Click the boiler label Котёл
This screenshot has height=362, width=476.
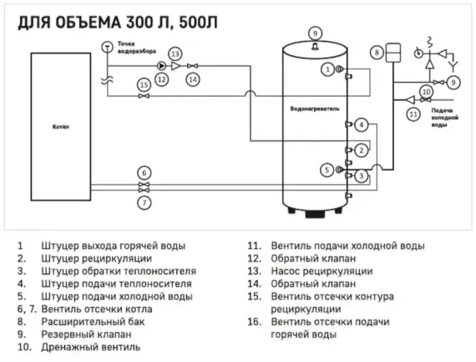[61, 127]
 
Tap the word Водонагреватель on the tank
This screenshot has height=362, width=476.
[314, 108]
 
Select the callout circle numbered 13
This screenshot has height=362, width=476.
[175, 54]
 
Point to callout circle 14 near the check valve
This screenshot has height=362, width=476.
[193, 79]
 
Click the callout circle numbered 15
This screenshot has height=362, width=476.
[144, 84]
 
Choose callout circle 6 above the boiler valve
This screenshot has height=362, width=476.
[144, 172]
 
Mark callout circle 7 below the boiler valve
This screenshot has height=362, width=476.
[144, 201]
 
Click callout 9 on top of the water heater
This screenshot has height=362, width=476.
[315, 33]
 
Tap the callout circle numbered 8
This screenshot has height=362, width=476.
[377, 53]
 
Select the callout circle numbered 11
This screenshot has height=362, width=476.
[412, 112]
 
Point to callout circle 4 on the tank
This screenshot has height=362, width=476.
[361, 125]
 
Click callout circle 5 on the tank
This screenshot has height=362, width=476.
[327, 170]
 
